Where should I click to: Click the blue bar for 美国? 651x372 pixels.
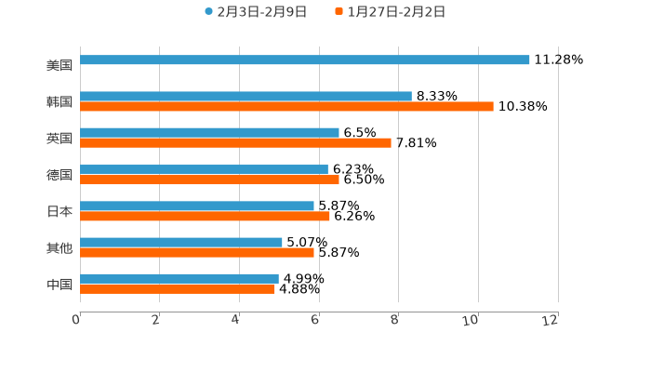pyautogui.click(x=305, y=60)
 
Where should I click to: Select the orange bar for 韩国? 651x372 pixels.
pyautogui.click(x=286, y=107)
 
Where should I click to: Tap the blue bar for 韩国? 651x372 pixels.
pyautogui.click(x=246, y=96)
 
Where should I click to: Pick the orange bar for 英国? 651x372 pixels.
pyautogui.click(x=235, y=143)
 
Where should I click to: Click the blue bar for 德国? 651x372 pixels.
pyautogui.click(x=204, y=169)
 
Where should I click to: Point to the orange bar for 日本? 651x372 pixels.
pyautogui.click(x=205, y=217)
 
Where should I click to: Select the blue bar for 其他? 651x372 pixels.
pyautogui.click(x=181, y=242)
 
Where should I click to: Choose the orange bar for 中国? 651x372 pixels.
pyautogui.click(x=178, y=289)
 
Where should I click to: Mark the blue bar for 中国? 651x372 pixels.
pyautogui.click(x=179, y=278)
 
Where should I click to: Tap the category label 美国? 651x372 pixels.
pyautogui.click(x=60, y=65)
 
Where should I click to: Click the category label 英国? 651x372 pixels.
pyautogui.click(x=60, y=138)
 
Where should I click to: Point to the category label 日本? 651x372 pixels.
pyautogui.click(x=60, y=211)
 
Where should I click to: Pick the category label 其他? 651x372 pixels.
pyautogui.click(x=60, y=247)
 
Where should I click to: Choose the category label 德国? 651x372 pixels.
pyautogui.click(x=60, y=175)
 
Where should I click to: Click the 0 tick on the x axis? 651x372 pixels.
pyautogui.click(x=76, y=320)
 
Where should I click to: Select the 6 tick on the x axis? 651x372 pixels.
pyautogui.click(x=316, y=320)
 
